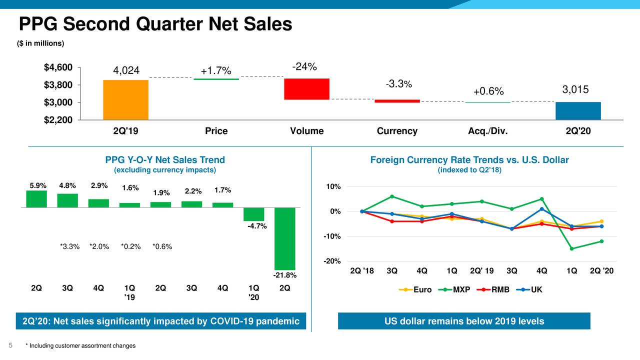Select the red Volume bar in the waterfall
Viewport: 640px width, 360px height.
tap(306, 89)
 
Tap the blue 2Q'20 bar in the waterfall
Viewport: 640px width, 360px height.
tap(578, 111)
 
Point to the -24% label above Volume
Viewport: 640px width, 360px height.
tap(304, 67)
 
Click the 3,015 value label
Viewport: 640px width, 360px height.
tap(575, 89)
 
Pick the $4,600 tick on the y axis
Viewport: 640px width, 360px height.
tap(58, 67)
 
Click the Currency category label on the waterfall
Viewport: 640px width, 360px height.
tap(397, 131)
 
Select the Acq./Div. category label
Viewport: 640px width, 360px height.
tap(487, 131)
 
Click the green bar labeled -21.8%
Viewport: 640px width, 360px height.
tap(285, 238)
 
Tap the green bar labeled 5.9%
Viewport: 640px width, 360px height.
tap(36, 198)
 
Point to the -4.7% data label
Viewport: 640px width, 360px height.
tap(257, 226)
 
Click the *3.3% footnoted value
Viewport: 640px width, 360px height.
tap(69, 246)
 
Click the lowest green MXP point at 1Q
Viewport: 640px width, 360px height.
tap(571, 248)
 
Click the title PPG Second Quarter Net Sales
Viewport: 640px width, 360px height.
tap(155, 24)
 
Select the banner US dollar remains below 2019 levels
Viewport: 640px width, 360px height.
tap(464, 321)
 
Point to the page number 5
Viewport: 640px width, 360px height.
tap(10, 345)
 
